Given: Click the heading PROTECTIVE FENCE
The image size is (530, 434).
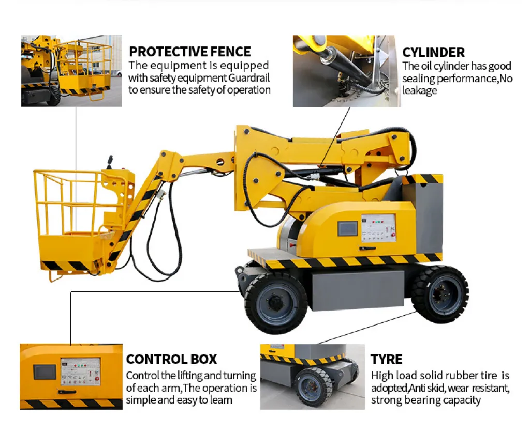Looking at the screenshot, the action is [190, 52].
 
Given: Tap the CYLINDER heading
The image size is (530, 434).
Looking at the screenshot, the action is [433, 52].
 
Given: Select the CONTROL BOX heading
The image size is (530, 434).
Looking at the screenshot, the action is [171, 359].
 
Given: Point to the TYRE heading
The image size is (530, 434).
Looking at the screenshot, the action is [386, 359].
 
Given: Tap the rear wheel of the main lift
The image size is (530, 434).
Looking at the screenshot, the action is [440, 294].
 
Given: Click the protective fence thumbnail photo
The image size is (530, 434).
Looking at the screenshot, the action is [71, 71].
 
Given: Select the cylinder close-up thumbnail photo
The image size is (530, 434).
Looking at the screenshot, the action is [346, 71].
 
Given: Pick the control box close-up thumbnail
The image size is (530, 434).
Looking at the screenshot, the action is [71, 377].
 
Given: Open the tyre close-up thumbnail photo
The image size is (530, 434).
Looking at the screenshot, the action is [312, 377].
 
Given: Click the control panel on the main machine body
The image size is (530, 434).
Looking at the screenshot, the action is [378, 228].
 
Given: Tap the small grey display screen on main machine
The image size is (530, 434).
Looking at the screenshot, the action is [347, 228].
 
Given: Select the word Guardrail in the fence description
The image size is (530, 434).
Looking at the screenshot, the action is [249, 78].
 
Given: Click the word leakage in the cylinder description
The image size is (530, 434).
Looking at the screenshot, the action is [419, 90].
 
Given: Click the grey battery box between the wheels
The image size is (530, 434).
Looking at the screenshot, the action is [358, 290].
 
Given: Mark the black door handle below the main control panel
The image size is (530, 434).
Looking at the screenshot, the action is [367, 249].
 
